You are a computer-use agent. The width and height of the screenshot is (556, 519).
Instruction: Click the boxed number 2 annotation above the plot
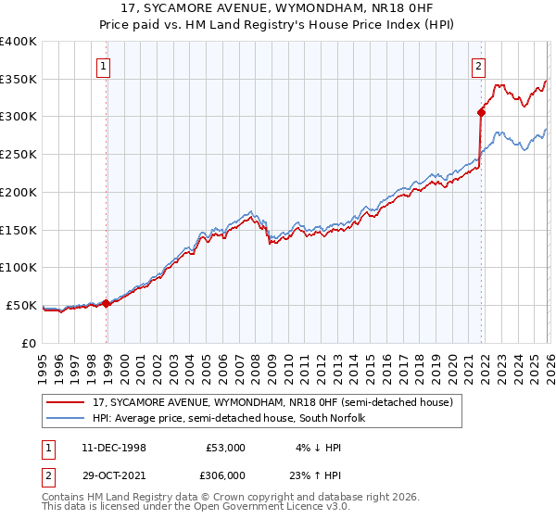[x=478, y=66]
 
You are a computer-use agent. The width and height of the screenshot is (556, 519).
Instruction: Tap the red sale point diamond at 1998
[x=107, y=302]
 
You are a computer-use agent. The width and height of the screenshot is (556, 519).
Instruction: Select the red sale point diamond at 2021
[x=481, y=112]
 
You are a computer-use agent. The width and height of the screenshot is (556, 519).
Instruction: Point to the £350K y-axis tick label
[x=19, y=80]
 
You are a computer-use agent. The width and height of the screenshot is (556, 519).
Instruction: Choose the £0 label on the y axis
[x=30, y=343]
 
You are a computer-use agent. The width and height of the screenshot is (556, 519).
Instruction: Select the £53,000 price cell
[x=225, y=448]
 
